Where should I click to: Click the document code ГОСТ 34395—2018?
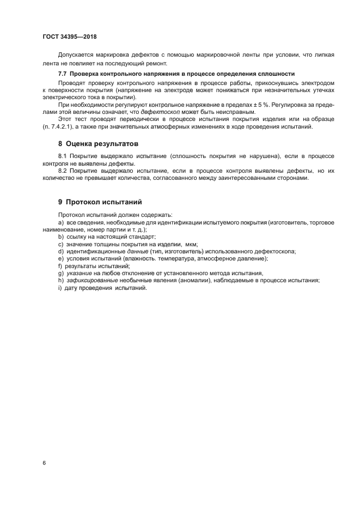click(x=69, y=37)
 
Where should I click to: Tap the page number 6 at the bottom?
click(x=44, y=463)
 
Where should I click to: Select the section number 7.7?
click(x=63, y=74)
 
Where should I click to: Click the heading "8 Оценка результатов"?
click(x=98, y=144)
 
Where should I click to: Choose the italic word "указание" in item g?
click(x=79, y=273)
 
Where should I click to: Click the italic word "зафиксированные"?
click(x=91, y=280)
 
